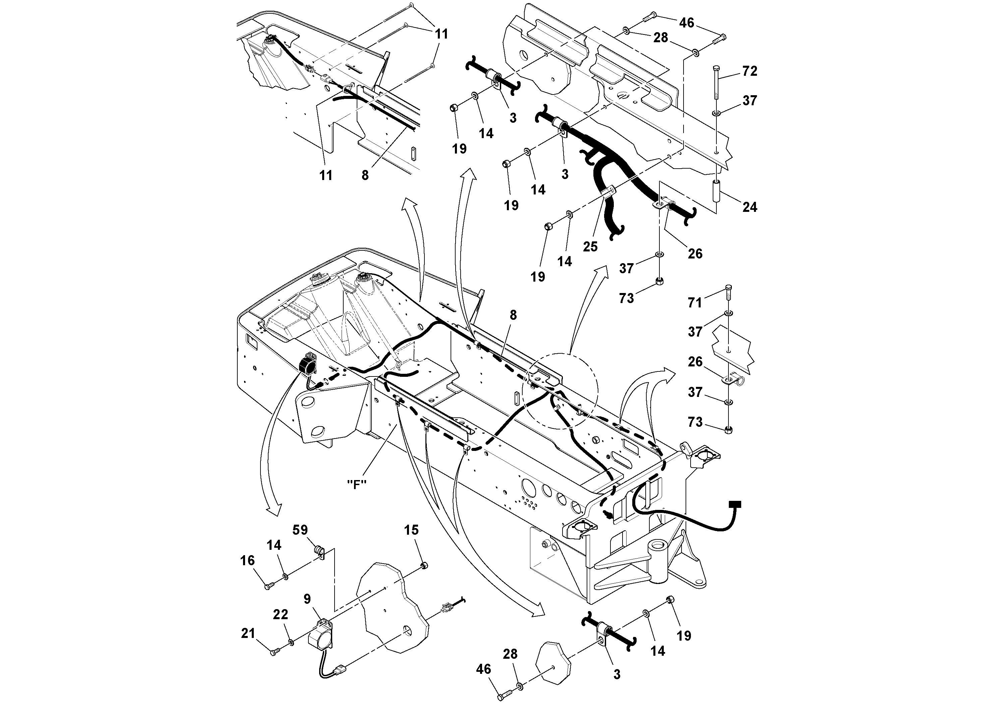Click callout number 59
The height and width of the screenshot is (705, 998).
300,530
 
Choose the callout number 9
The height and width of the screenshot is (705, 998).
307,599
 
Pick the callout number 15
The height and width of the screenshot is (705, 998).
411,530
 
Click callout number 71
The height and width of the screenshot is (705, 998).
695,302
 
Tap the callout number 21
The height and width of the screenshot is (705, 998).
248,633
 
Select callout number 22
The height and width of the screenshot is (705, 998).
280,614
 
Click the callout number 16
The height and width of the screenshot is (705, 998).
247,561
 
